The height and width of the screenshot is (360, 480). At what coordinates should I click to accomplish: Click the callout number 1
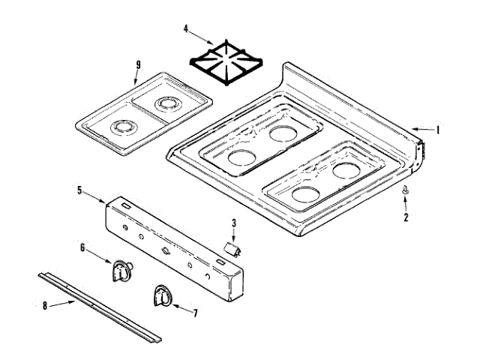pos(439,129)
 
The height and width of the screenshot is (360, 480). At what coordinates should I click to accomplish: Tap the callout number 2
pos(406,217)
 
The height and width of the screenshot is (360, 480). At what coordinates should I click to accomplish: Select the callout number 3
pos(234,223)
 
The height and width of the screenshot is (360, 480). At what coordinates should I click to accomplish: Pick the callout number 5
pos(79,190)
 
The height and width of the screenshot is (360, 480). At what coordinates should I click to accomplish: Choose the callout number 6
pos(82,247)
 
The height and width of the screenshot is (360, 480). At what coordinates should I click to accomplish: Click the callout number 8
pos(44,305)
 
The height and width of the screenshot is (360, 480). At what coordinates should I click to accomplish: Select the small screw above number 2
pos(406,192)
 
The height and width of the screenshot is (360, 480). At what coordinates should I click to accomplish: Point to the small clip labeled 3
pos(232,247)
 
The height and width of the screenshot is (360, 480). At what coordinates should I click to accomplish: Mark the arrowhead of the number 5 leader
pos(106,201)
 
